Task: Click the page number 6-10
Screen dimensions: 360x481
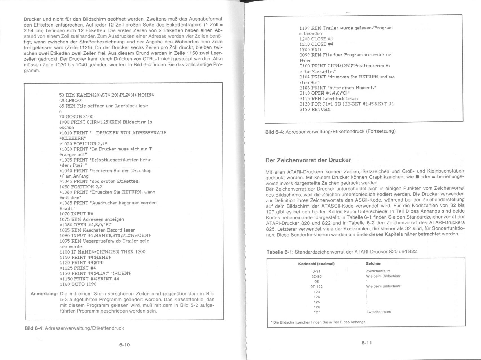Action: coord(124,345)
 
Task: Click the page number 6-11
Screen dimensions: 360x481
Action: coord(367,343)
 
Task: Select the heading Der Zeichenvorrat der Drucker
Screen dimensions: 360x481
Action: coord(308,160)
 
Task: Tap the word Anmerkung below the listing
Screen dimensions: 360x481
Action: coord(44,294)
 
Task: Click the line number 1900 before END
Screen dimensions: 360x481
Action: coord(305,50)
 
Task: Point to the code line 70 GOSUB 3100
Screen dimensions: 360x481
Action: coord(76,117)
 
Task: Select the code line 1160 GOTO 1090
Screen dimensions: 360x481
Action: coord(78,284)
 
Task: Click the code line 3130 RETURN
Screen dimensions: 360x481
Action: coord(315,109)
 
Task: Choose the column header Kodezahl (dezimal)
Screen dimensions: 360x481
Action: coord(316,264)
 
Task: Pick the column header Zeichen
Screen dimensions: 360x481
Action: coord(374,263)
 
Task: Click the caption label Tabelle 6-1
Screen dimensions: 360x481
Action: coord(280,252)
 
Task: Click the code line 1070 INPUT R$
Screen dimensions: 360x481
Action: coord(76,214)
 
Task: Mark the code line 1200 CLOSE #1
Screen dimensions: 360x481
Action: coord(313,39)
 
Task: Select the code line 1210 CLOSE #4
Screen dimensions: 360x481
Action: coord(313,44)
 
